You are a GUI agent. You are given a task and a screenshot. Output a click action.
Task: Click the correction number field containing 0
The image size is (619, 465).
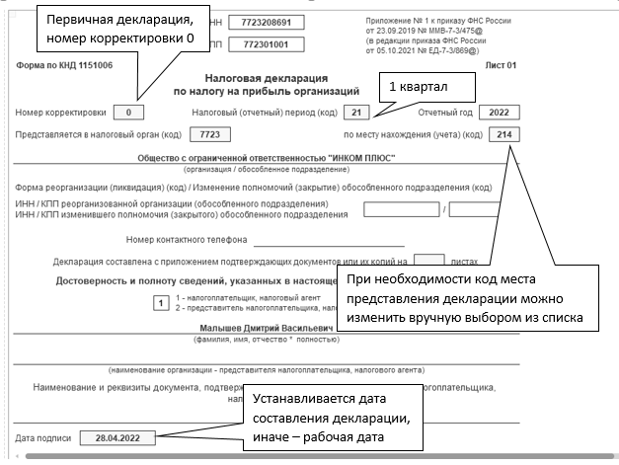pyautogui.click(x=135, y=112)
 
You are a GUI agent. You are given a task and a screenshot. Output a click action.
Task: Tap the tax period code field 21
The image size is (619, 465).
pyautogui.click(x=360, y=112)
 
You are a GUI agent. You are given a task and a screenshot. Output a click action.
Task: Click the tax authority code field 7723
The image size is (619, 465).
pyautogui.click(x=208, y=133)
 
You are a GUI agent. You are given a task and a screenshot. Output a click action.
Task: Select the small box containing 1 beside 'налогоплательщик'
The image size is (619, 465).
pyautogui.click(x=160, y=303)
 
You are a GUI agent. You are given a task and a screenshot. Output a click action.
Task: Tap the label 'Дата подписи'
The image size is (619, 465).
pyautogui.click(x=41, y=435)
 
